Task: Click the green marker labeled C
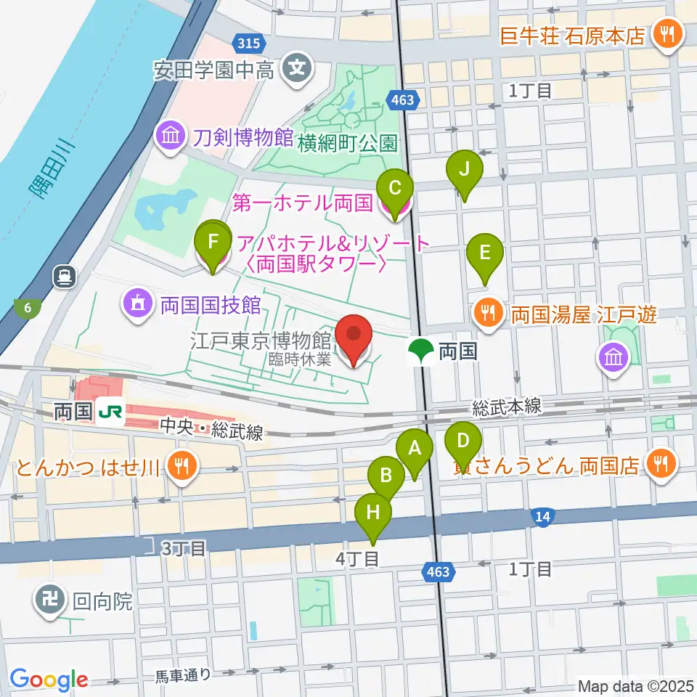(395, 189)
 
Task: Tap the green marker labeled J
(465, 169)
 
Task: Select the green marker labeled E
(485, 253)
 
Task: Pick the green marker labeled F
(212, 240)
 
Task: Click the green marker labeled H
(373, 513)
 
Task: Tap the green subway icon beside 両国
(420, 351)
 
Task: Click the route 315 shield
(248, 44)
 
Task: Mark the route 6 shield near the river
(28, 309)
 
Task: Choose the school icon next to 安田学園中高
(296, 69)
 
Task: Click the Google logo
(49, 680)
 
